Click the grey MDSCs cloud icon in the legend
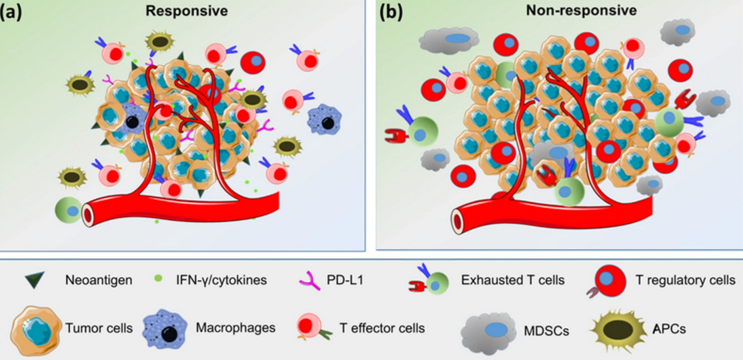[x=490, y=329]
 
